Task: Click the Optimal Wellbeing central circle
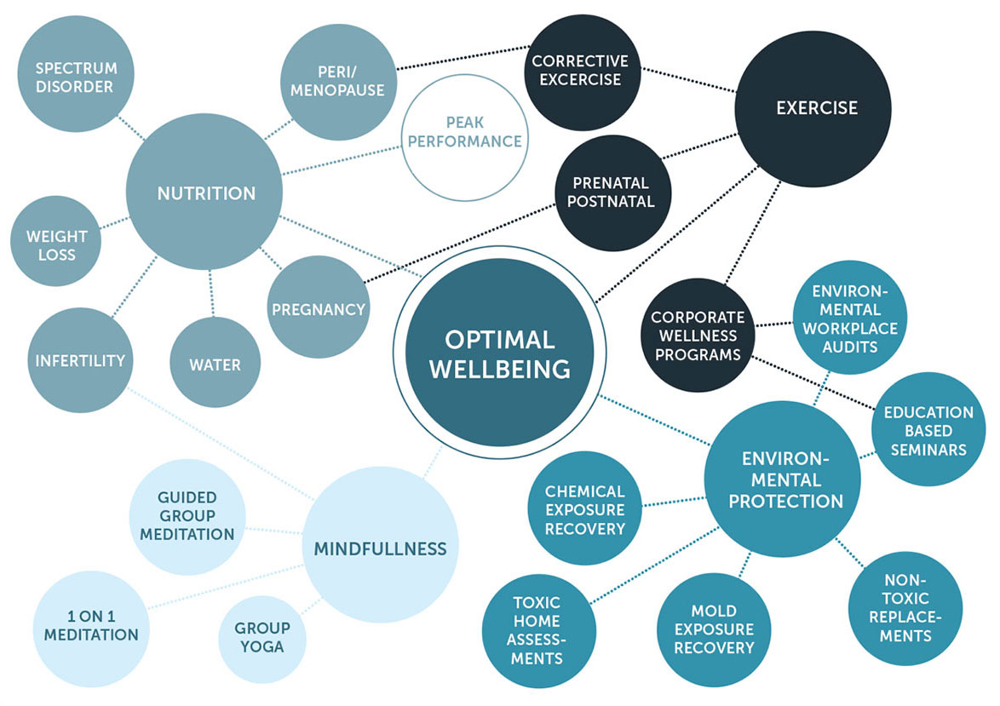tap(499, 353)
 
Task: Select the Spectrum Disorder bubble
tap(74, 77)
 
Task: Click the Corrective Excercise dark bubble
tap(579, 71)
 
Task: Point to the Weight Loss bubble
tap(56, 244)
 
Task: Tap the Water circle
tap(215, 364)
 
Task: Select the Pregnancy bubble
tap(318, 309)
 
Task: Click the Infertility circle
tap(80, 360)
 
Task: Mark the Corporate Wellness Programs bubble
tap(698, 335)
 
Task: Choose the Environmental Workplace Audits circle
tap(843, 317)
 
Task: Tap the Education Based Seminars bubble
tap(928, 429)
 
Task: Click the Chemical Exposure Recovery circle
tap(584, 509)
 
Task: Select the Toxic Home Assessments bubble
tap(537, 630)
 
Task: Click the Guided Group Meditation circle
tap(187, 515)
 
